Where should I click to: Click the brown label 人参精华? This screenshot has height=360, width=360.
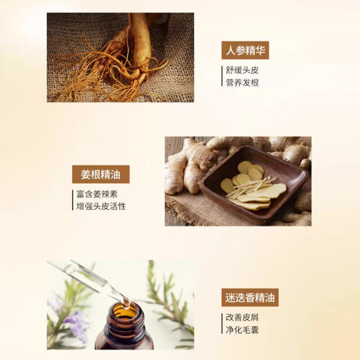244,50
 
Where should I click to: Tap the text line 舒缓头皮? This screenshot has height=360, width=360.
244,70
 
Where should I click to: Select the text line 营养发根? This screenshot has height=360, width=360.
244,83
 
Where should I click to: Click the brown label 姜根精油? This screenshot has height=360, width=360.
101,174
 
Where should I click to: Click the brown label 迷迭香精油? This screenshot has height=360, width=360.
249,297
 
